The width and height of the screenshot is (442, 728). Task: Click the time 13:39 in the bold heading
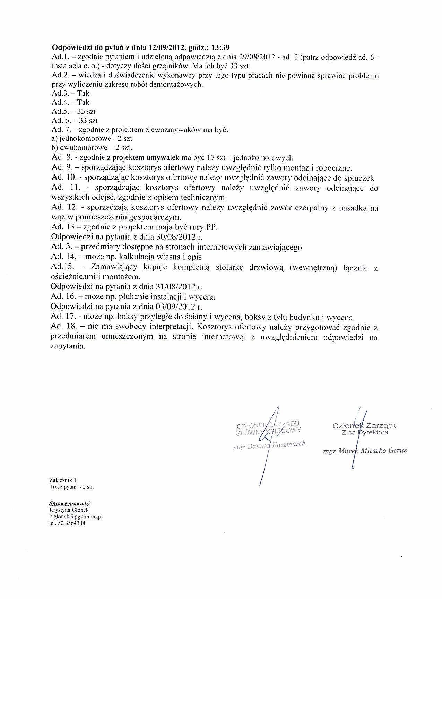[x=220, y=47]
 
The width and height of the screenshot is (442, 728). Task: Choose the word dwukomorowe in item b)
[x=80, y=148]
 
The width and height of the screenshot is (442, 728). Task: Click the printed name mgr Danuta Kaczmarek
[x=269, y=446]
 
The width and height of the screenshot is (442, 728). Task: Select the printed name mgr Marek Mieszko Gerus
[x=364, y=451]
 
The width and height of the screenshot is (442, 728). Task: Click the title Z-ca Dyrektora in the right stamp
[x=365, y=433]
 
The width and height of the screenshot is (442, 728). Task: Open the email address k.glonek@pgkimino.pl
[x=76, y=517]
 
